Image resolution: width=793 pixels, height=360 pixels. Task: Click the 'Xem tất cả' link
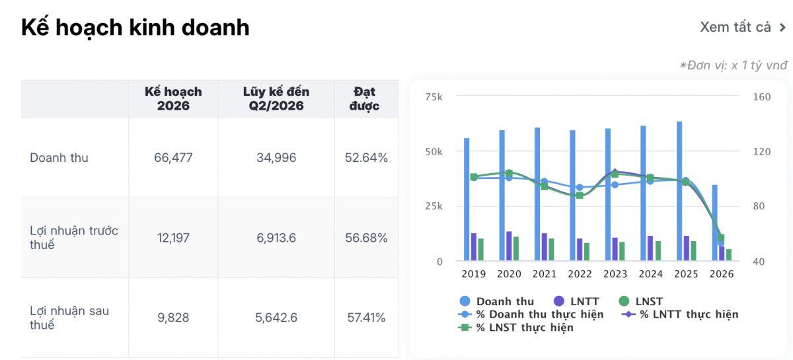pyautogui.click(x=743, y=27)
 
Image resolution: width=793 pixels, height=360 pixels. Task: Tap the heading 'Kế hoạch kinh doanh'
pyautogui.click(x=135, y=28)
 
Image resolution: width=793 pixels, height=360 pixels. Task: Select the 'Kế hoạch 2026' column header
pyautogui.click(x=173, y=98)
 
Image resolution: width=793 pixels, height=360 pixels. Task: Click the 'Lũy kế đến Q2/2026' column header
pyautogui.click(x=276, y=98)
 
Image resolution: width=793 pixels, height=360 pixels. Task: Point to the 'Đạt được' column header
pyautogui.click(x=364, y=98)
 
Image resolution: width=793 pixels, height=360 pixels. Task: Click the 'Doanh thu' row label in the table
pyautogui.click(x=59, y=157)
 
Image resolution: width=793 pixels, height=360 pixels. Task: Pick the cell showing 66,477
pyautogui.click(x=173, y=157)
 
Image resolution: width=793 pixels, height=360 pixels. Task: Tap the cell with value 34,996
pyautogui.click(x=276, y=157)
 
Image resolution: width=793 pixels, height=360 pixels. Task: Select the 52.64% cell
pyautogui.click(x=366, y=157)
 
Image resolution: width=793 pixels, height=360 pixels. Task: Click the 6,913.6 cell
pyautogui.click(x=276, y=238)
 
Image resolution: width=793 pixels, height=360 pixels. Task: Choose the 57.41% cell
pyautogui.click(x=366, y=318)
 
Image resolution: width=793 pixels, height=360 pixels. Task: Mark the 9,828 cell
pyautogui.click(x=173, y=318)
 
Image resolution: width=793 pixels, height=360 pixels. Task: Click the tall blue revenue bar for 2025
pyautogui.click(x=679, y=191)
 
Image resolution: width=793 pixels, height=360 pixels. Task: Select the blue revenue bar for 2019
pyautogui.click(x=467, y=199)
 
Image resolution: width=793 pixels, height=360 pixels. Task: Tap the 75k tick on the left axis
pyautogui.click(x=434, y=96)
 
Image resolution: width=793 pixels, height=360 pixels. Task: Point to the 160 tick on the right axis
pyautogui.click(x=762, y=96)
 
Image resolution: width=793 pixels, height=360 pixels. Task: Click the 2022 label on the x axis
pyautogui.click(x=580, y=274)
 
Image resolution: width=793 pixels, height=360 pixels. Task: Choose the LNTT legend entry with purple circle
pyautogui.click(x=576, y=301)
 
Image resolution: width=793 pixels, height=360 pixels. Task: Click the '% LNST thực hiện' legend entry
pyautogui.click(x=515, y=328)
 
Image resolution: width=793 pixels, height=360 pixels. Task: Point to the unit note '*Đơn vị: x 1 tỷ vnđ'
pyautogui.click(x=733, y=65)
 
